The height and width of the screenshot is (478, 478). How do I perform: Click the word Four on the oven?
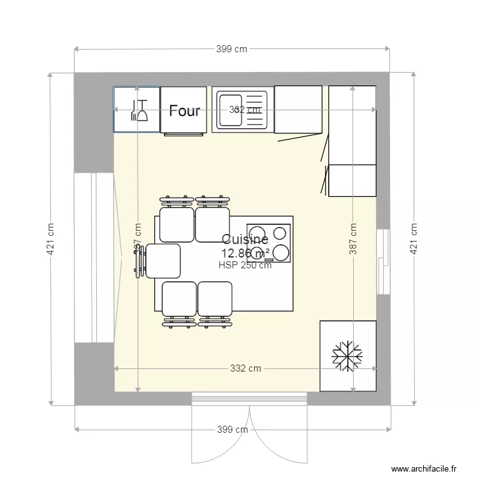(184, 110)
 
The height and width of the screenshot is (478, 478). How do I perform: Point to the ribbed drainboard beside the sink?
(255, 110)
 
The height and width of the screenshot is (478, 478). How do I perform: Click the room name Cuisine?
(245, 240)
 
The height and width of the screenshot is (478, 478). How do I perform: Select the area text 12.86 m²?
(245, 253)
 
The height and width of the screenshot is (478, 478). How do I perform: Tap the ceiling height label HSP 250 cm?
(245, 265)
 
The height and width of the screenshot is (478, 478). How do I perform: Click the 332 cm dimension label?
(245, 368)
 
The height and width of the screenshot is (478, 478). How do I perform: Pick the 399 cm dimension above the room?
(231, 49)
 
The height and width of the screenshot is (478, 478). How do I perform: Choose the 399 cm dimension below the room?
(233, 430)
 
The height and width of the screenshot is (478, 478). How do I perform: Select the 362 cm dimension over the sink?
(245, 110)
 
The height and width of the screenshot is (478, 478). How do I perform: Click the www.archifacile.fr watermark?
(424, 468)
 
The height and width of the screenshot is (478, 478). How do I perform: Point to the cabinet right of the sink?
(298, 110)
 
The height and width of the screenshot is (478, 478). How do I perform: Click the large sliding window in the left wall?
(93, 257)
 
